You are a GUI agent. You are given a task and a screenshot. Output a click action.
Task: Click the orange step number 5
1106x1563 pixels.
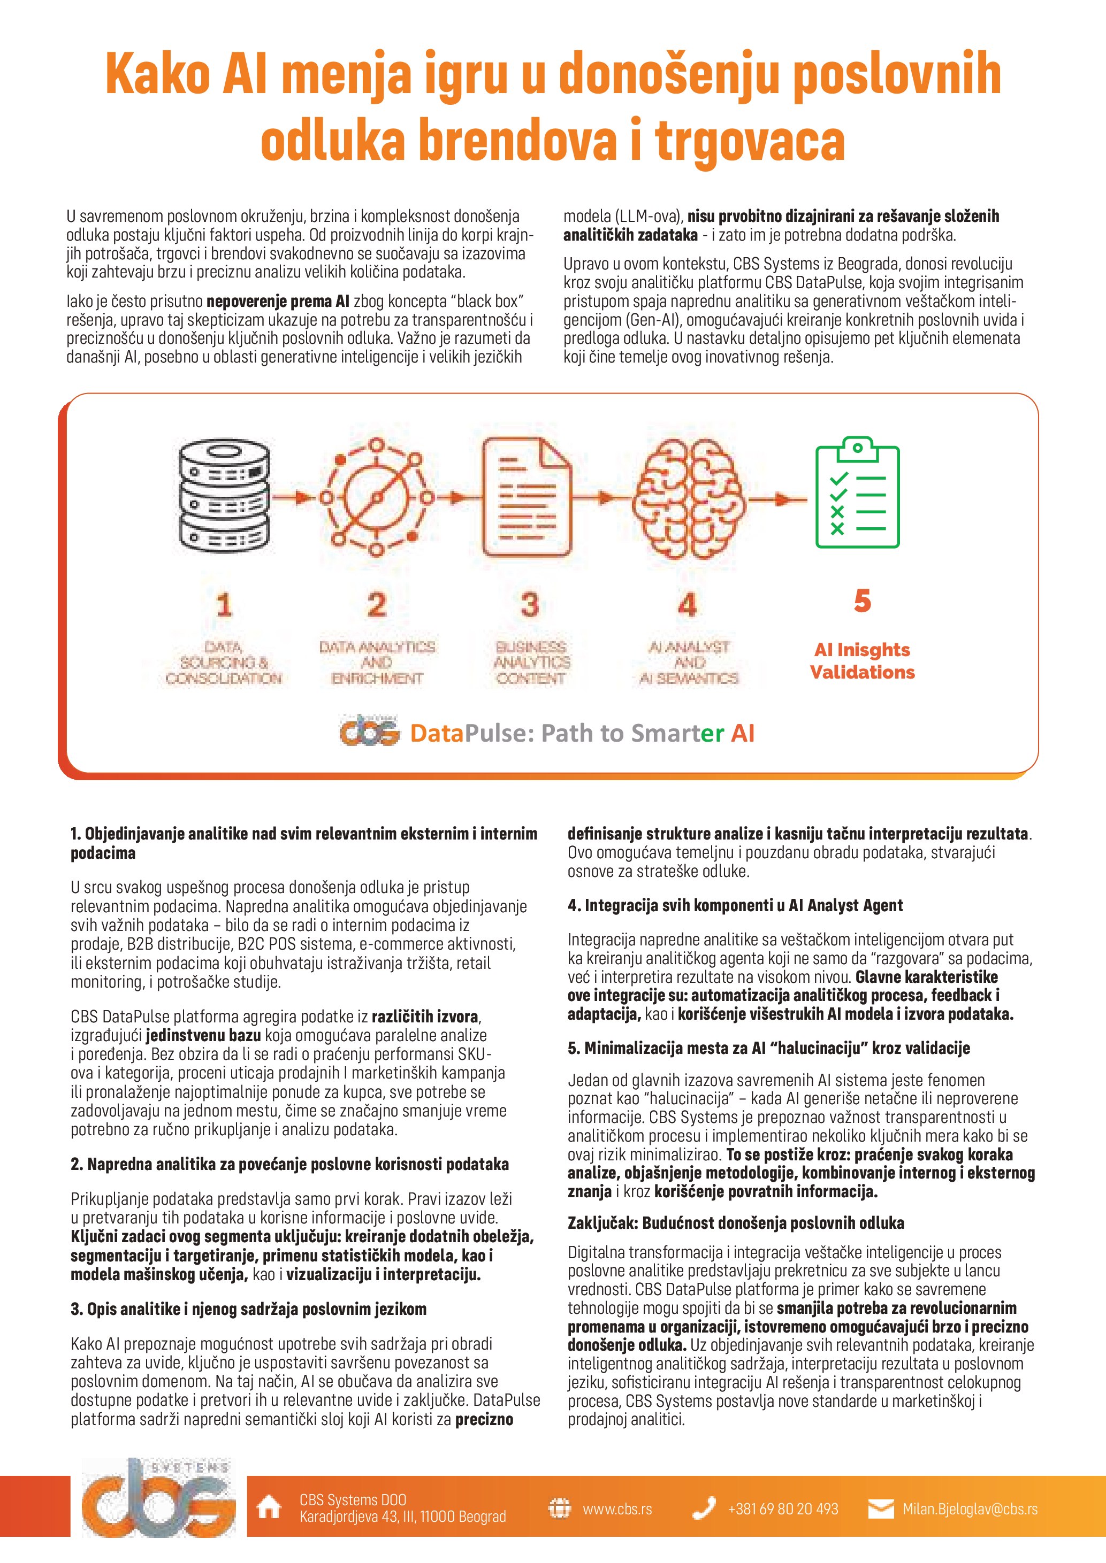click(862, 600)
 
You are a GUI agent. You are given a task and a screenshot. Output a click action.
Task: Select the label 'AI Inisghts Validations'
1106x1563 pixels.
click(862, 661)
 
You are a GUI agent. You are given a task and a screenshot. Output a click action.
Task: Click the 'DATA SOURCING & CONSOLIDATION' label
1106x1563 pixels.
click(223, 663)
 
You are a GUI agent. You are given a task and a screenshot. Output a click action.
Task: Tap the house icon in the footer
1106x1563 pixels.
click(268, 1508)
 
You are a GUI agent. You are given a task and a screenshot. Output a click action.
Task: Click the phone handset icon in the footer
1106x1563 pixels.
click(704, 1508)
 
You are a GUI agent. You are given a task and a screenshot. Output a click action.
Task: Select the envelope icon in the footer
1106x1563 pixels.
click(881, 1508)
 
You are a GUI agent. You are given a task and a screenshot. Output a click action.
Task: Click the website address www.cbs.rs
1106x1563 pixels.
click(617, 1508)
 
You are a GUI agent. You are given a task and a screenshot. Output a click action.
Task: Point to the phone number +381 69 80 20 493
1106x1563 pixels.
click(782, 1508)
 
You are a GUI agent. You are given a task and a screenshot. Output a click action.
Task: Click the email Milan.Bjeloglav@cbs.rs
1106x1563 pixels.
click(970, 1508)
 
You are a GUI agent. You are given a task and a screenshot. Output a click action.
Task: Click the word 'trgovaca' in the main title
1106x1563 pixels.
click(749, 140)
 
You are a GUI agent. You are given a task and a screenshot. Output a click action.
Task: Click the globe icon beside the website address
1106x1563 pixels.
click(559, 1508)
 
